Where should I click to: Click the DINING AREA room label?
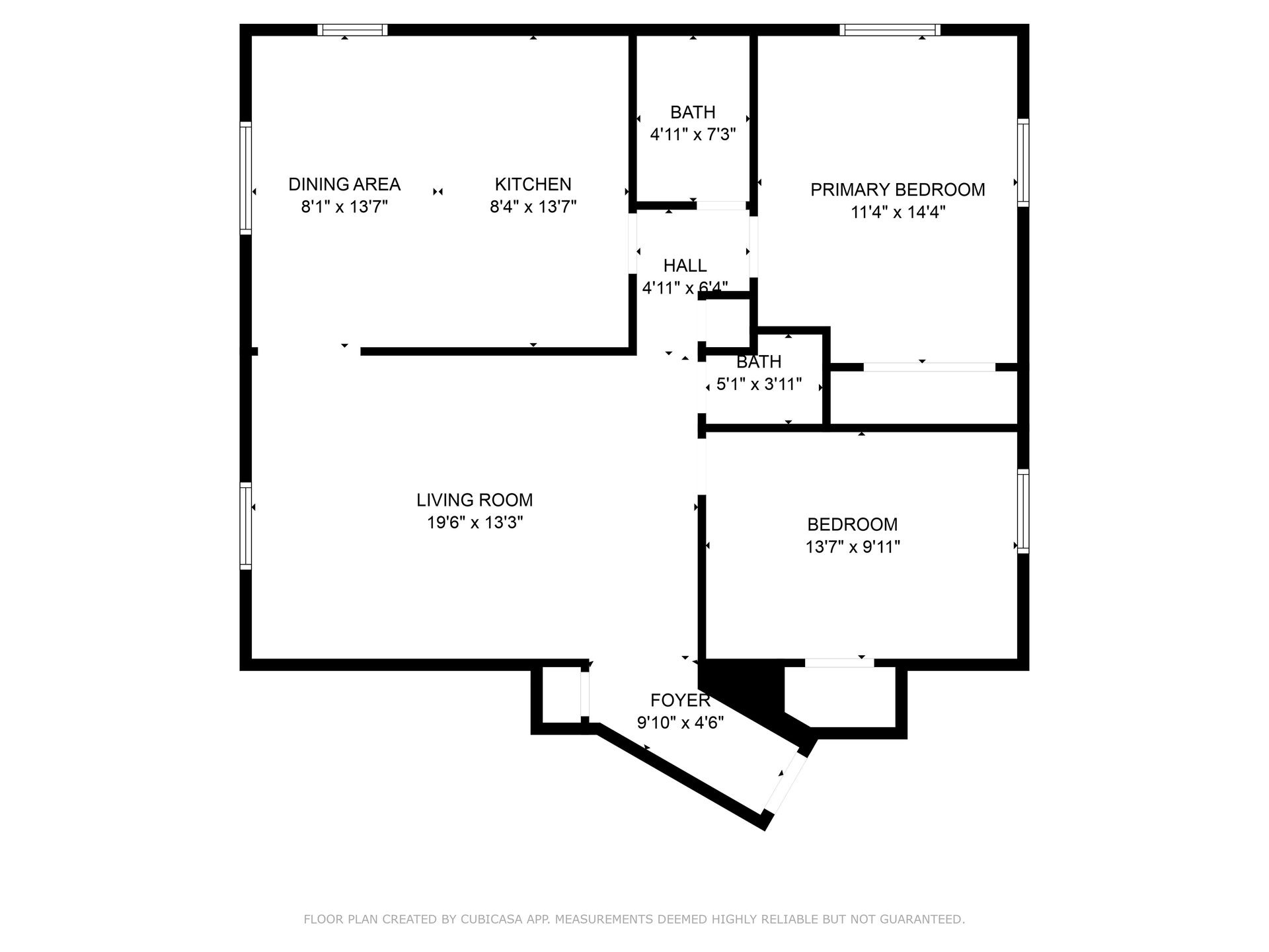coord(344,184)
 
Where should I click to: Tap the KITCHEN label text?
coord(533,184)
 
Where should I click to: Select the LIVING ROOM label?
coord(475,500)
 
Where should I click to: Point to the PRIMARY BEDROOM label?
coord(898,190)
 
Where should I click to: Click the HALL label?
coord(685,266)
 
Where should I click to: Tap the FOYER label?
coord(680,700)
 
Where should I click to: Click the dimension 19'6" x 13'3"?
coord(475,523)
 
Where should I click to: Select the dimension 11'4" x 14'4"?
coord(898,212)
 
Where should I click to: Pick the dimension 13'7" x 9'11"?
coord(853,547)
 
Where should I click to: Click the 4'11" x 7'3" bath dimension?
coord(693,135)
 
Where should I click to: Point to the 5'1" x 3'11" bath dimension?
coord(759,384)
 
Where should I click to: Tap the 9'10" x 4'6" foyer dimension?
coord(680,723)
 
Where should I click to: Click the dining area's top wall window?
coord(352,30)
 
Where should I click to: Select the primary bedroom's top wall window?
coord(890,30)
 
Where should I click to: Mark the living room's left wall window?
coord(245,526)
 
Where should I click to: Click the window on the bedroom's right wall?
coord(1023,511)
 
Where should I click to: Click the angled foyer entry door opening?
coord(787,783)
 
